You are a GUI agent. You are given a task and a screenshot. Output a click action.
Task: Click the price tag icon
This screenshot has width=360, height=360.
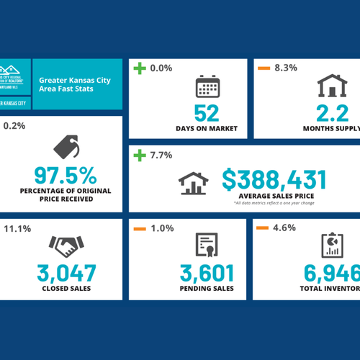(68, 148)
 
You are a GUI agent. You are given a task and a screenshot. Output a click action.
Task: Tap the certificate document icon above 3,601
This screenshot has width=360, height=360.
(206, 246)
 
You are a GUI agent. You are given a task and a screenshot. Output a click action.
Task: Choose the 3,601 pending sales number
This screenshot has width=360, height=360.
(206, 274)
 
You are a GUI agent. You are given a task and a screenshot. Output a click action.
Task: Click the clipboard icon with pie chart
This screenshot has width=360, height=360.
(332, 246)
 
